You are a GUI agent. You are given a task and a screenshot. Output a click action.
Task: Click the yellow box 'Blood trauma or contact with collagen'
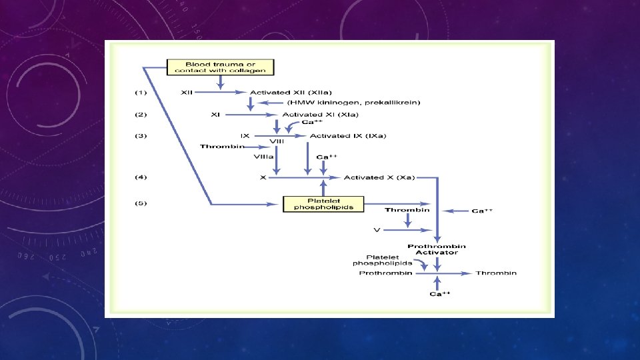(x=220, y=67)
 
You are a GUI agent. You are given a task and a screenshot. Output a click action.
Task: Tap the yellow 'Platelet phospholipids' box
(x=323, y=203)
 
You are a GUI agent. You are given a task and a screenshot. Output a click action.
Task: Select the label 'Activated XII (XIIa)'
(x=291, y=92)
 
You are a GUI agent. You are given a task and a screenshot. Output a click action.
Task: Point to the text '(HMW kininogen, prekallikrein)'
(x=335, y=103)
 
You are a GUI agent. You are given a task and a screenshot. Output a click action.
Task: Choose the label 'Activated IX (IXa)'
(x=347, y=136)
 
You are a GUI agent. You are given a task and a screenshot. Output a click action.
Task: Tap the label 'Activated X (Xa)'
(x=379, y=177)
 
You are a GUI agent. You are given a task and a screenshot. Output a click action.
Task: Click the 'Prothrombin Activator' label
(x=437, y=249)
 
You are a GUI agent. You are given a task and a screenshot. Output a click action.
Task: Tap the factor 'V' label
(x=377, y=230)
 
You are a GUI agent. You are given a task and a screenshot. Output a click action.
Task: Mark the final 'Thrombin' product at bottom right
(x=496, y=273)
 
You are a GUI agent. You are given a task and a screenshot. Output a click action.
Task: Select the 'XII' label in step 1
(x=187, y=92)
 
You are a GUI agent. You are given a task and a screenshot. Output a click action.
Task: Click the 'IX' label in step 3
(x=245, y=136)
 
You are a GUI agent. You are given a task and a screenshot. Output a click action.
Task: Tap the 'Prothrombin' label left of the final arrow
(x=383, y=273)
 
